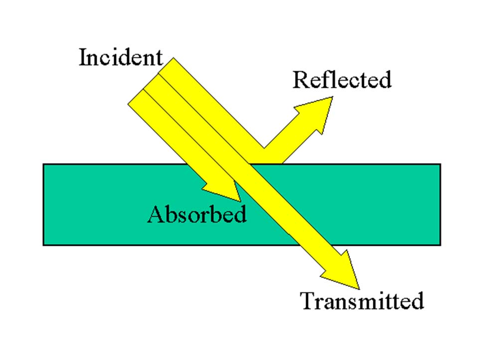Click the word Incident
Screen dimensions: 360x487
pos(121,57)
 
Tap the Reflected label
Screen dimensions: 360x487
pos(341,80)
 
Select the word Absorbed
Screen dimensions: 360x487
pos(197,214)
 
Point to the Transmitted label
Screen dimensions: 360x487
pos(362,301)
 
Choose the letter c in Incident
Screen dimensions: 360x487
pos(107,59)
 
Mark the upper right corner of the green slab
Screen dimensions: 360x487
pos(440,165)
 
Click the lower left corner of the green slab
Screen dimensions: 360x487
pos(44,244)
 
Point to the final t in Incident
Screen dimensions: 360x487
pos(159,58)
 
